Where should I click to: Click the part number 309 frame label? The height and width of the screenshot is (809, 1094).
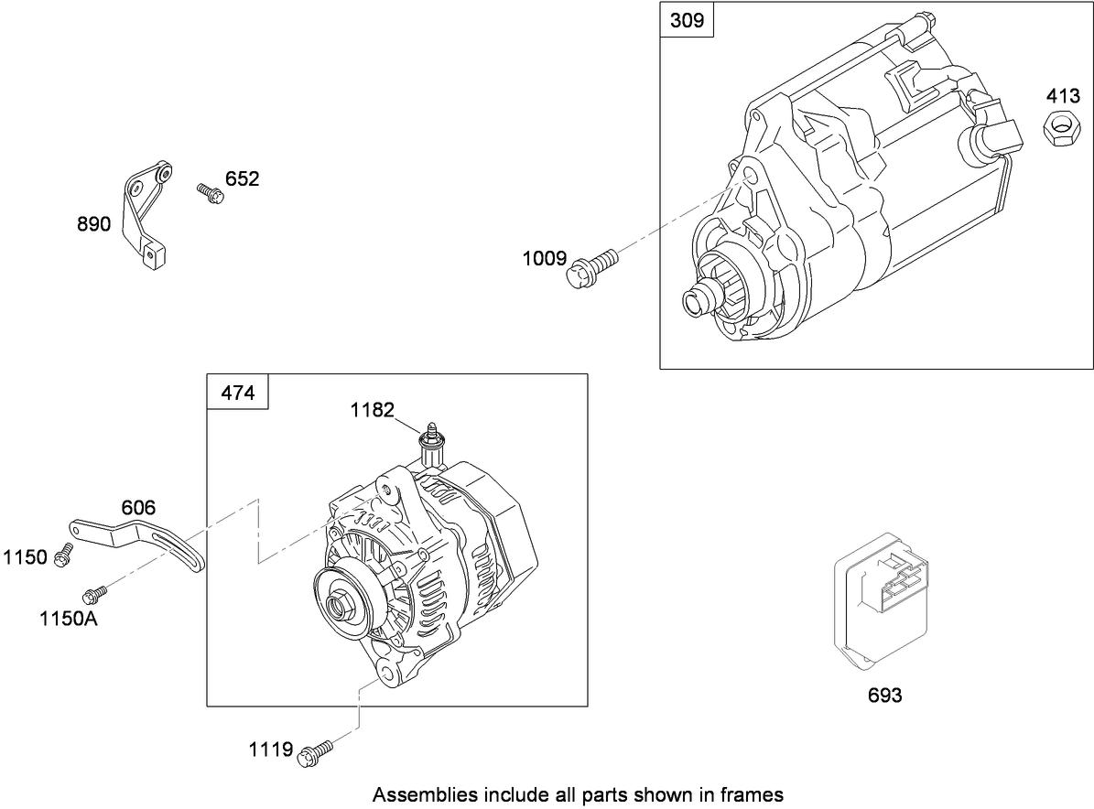click(x=687, y=20)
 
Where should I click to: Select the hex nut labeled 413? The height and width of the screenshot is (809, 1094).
click(x=1059, y=126)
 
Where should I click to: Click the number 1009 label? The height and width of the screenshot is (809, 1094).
click(x=545, y=259)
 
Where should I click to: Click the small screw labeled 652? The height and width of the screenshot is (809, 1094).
click(x=210, y=193)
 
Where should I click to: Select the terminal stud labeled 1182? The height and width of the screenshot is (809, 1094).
click(x=430, y=443)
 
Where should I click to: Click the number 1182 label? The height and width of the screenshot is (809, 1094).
click(x=371, y=410)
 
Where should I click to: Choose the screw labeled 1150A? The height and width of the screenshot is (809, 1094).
click(x=93, y=596)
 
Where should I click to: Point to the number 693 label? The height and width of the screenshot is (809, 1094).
click(x=884, y=696)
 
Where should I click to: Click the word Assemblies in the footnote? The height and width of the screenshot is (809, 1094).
click(x=417, y=793)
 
